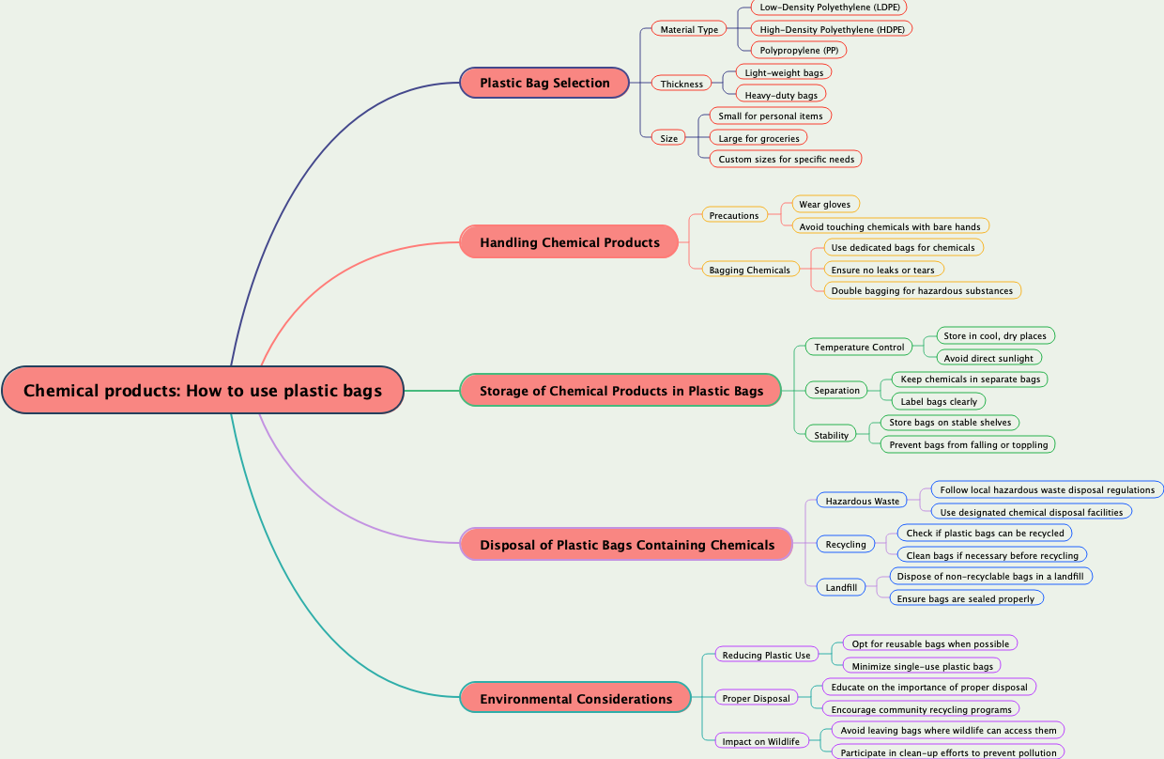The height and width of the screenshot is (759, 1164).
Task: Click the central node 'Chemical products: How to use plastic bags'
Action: [203, 390]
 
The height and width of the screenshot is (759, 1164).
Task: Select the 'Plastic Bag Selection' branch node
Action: [544, 83]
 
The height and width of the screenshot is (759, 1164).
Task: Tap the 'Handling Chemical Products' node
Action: [569, 242]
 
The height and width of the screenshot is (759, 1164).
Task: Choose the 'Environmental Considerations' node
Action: [575, 699]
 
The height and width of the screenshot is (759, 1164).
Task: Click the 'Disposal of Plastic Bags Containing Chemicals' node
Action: [626, 545]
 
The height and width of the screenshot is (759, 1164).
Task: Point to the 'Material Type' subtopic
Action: [689, 29]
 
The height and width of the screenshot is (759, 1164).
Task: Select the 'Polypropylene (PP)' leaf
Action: [799, 50]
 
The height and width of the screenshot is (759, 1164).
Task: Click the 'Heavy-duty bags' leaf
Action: [781, 95]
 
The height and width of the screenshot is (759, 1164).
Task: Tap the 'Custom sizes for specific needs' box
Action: [786, 159]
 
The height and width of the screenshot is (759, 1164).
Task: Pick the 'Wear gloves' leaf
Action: [824, 204]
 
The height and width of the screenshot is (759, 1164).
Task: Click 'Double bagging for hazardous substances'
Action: [922, 290]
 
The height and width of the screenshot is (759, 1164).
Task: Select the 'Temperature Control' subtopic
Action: [859, 348]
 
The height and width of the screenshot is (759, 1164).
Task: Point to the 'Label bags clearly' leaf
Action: [938, 401]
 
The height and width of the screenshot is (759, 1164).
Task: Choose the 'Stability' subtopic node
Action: [831, 435]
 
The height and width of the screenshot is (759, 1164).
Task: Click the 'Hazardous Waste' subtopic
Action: [862, 501]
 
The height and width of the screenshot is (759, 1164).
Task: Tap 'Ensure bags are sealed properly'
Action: [965, 598]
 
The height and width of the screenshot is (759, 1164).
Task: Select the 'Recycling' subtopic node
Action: [846, 544]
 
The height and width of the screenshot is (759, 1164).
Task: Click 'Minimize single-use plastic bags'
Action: [922, 666]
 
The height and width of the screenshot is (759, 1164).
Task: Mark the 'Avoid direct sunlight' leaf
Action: [988, 358]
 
